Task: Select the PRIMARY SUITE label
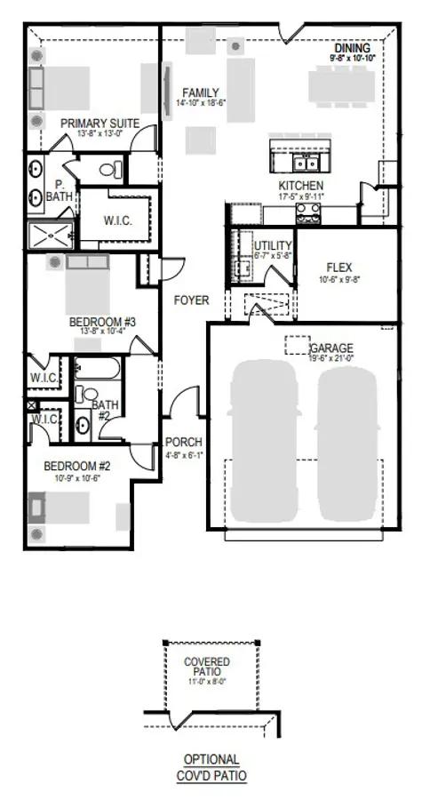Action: [x=100, y=124]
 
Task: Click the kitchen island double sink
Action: [x=307, y=163]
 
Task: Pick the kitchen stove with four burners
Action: [x=308, y=212]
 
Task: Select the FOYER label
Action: [x=191, y=300]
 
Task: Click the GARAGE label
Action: [x=331, y=348]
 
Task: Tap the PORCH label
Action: [x=184, y=442]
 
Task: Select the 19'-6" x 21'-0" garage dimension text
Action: [x=331, y=359]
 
